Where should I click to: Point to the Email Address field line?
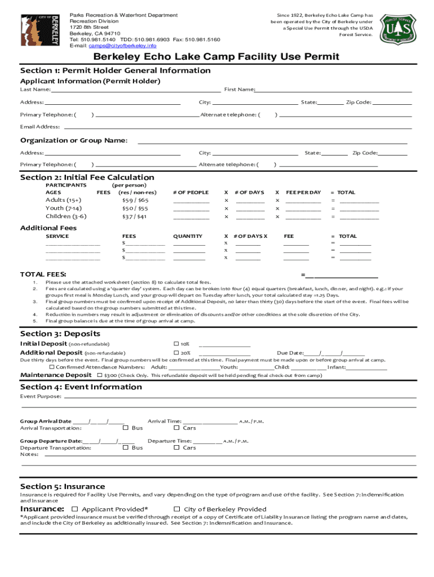pyautogui.click(x=237, y=127)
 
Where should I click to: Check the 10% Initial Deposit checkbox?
pyautogui.click(x=176, y=344)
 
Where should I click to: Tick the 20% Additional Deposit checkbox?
pyautogui.click(x=176, y=353)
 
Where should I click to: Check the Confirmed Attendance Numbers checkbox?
pyautogui.click(x=52, y=367)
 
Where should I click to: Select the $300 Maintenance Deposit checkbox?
pyautogui.click(x=100, y=375)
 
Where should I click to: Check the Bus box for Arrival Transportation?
pyautogui.click(x=126, y=428)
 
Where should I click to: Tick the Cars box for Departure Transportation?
pyautogui.click(x=176, y=447)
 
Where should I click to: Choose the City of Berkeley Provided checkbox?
pyautogui.click(x=176, y=509)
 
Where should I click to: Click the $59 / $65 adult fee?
pyautogui.click(x=135, y=200)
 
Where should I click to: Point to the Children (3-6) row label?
pyautogui.click(x=66, y=216)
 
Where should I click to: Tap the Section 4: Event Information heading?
pyautogui.click(x=81, y=387)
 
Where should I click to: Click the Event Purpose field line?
pyautogui.click(x=240, y=397)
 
